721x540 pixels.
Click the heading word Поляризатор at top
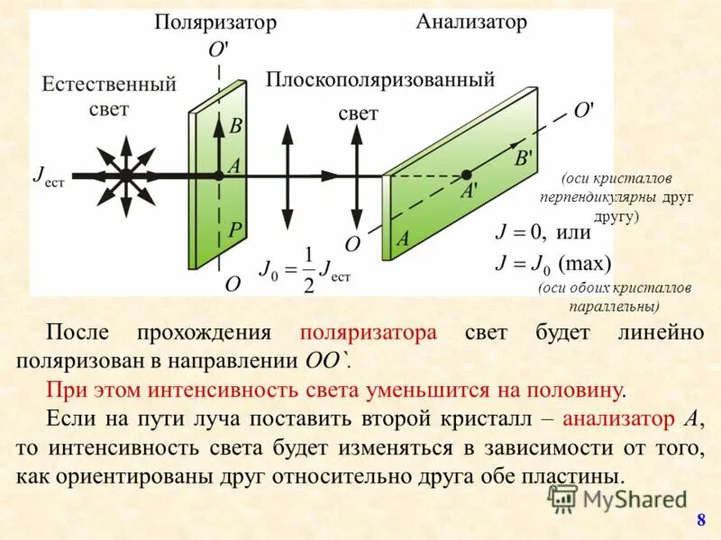point(214,22)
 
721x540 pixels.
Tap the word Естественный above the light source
point(109,85)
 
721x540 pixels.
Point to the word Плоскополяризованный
point(380,79)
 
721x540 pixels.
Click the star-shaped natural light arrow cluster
point(125,174)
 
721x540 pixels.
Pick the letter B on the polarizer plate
point(234,127)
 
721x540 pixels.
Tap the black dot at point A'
point(466,175)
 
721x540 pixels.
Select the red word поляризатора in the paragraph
point(369,332)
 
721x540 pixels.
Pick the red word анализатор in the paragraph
point(619,418)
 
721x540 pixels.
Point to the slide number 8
point(700,521)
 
